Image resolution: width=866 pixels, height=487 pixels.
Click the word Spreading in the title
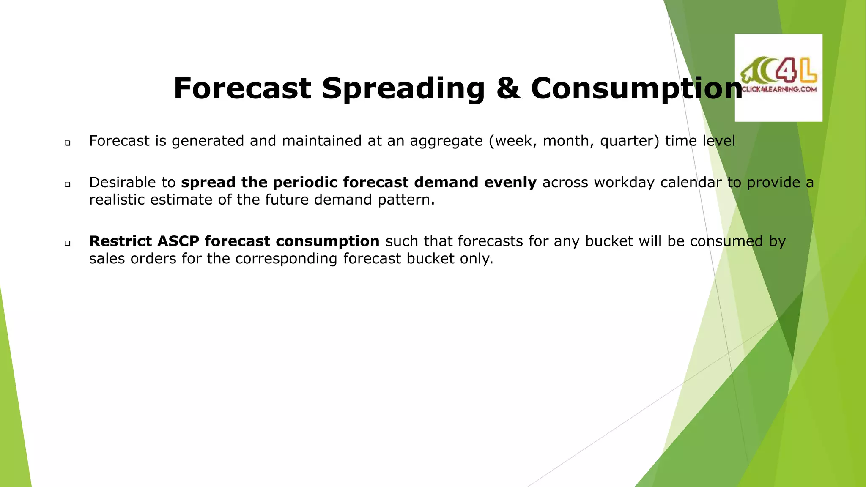pos(403,89)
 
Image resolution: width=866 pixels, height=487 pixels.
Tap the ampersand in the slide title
pos(508,89)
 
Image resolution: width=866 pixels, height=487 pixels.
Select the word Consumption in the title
pos(636,89)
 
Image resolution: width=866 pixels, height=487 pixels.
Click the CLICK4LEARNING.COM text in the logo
pos(779,89)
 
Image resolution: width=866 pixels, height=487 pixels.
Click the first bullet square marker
pos(68,143)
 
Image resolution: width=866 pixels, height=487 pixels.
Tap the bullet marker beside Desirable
pos(68,185)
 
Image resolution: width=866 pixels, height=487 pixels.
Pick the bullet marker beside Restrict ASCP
pos(68,243)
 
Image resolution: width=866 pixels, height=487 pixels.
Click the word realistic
pos(117,200)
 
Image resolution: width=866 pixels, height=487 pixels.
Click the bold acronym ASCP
pos(178,241)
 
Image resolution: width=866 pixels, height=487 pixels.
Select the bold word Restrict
pos(121,241)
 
